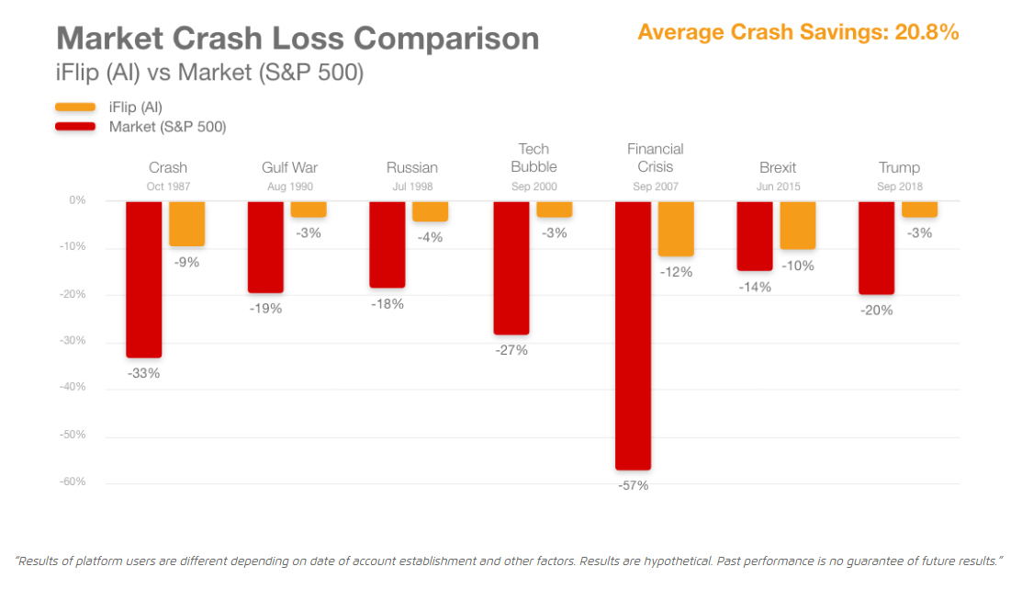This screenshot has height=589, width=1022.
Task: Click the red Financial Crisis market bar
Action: point(633,335)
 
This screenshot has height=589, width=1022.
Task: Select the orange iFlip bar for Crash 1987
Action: point(186,223)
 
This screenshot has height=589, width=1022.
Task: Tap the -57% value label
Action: point(633,485)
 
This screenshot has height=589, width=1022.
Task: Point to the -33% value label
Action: point(143,373)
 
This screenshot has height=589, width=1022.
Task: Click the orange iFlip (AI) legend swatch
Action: point(75,108)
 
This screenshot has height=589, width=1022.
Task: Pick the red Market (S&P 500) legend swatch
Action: point(75,126)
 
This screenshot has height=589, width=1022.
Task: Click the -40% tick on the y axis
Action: point(74,387)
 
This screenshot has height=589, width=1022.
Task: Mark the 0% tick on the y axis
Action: point(77,199)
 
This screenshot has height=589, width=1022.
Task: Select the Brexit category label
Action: point(778,167)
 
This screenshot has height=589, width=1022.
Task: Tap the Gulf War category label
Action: point(289,167)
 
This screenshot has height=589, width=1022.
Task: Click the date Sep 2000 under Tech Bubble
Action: point(533,187)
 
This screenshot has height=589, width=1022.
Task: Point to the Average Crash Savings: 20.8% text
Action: point(797,32)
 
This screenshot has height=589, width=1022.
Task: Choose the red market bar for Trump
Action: point(876,247)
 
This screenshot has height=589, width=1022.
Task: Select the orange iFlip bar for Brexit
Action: point(798,225)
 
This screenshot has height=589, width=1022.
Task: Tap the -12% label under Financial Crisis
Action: point(675,272)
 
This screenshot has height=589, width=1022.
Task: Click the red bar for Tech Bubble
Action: point(511,267)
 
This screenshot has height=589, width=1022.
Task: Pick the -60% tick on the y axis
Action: point(74,481)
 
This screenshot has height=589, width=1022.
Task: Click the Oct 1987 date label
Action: point(167,187)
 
